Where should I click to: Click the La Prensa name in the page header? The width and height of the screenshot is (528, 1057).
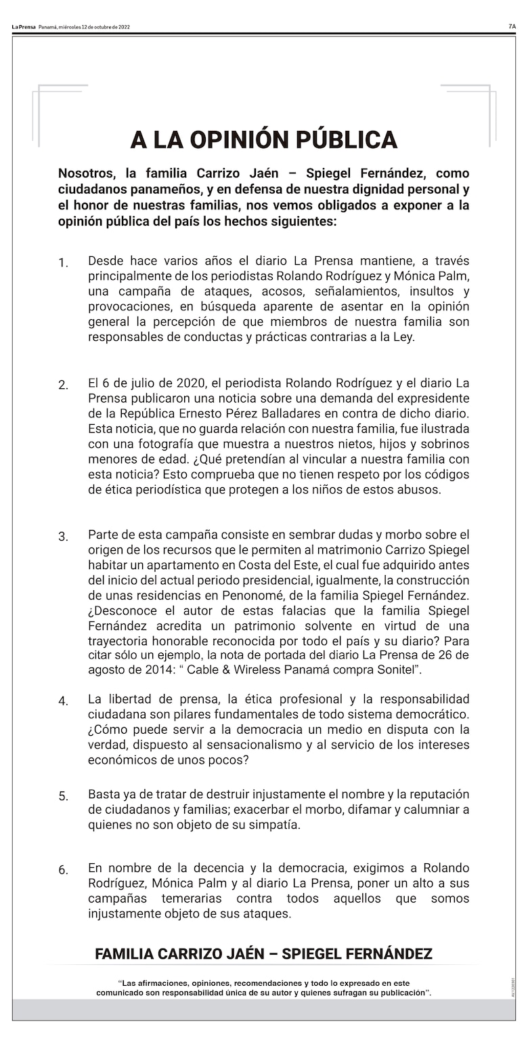click(24, 27)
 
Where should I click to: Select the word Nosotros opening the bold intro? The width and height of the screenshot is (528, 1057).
click(86, 173)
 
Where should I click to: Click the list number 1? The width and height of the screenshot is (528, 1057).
click(63, 263)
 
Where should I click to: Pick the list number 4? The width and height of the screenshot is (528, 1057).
click(63, 701)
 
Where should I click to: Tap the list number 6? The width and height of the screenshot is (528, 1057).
click(63, 870)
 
